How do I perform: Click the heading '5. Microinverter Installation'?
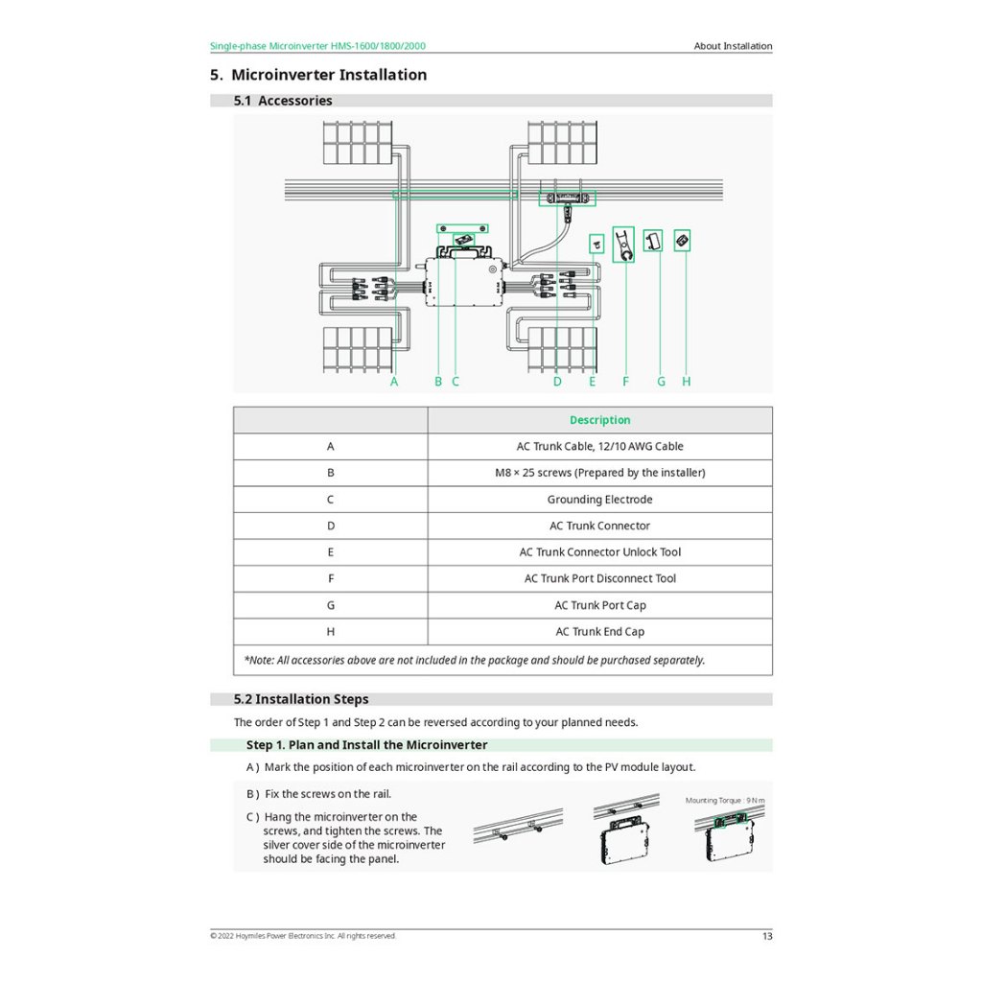tap(318, 75)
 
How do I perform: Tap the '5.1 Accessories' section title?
tap(283, 101)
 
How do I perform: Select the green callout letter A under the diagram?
tap(394, 382)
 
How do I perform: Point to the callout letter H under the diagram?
tap(687, 382)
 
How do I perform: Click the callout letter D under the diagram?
tap(557, 382)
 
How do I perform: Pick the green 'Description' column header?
tap(599, 420)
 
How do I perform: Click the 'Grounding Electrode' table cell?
tap(599, 500)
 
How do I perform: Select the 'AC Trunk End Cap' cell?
tap(599, 632)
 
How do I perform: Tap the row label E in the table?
tap(331, 552)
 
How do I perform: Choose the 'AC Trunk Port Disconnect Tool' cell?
tap(599, 578)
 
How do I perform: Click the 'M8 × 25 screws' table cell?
tap(599, 473)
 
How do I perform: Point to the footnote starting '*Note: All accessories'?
tap(475, 660)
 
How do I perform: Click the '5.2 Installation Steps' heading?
tap(301, 700)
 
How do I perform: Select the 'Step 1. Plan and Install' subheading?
tap(366, 745)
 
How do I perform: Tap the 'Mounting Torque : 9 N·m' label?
tap(725, 800)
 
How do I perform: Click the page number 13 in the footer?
tap(766, 936)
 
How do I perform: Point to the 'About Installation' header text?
tap(733, 46)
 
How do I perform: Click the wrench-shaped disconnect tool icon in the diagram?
tap(623, 245)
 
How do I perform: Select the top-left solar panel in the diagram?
tap(357, 143)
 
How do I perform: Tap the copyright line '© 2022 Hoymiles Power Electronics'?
tap(302, 936)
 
